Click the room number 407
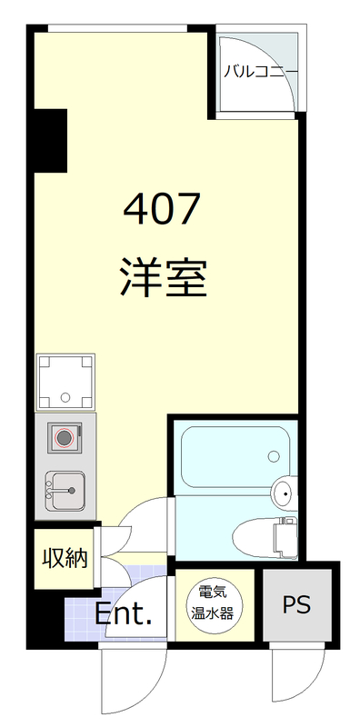pyautogui.click(x=162, y=211)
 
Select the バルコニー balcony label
pyautogui.click(x=260, y=70)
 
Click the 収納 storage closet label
pyautogui.click(x=64, y=557)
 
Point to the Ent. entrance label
pyautogui.click(x=123, y=615)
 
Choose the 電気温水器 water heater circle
pyautogui.click(x=212, y=602)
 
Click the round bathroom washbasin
pyautogui.click(x=284, y=493)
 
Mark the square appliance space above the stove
pyautogui.click(x=65, y=381)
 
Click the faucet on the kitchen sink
pyautogui.click(x=56, y=490)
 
